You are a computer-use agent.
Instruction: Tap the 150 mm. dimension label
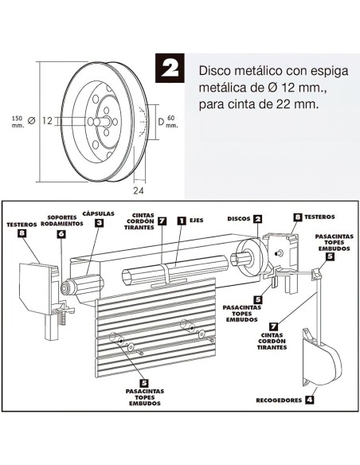point(17,120)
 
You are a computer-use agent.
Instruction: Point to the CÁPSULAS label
point(99,213)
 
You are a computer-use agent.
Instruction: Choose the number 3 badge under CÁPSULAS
point(98,224)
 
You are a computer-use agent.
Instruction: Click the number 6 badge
point(61,235)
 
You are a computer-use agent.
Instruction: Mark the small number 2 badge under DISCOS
point(258,228)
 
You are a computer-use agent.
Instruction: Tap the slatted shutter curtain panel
point(155,334)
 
